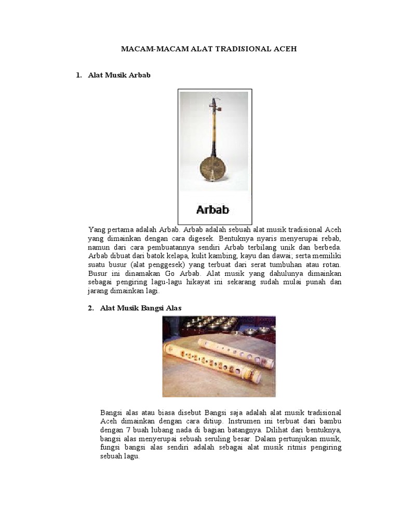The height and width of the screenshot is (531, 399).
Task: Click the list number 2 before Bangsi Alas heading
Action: [91, 308]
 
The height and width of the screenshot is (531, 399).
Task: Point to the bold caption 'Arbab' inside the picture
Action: [213, 211]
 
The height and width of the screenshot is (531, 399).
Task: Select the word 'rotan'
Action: [331, 264]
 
